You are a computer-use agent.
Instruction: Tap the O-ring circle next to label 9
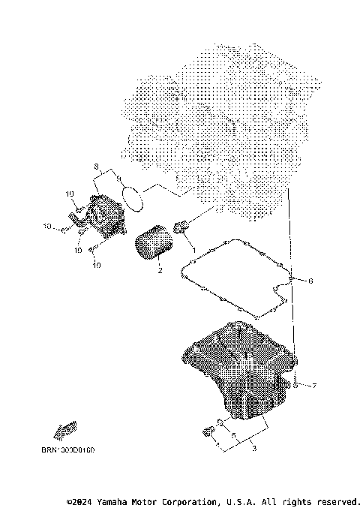[133, 197]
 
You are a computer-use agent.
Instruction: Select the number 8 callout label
[95, 165]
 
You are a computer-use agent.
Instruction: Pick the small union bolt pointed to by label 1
[180, 227]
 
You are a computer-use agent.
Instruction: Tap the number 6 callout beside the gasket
[310, 281]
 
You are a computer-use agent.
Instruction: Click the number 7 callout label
[314, 386]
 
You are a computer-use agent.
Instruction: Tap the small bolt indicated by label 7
[297, 385]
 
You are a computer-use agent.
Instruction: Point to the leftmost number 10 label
[46, 226]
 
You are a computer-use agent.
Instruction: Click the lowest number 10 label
[96, 264]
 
